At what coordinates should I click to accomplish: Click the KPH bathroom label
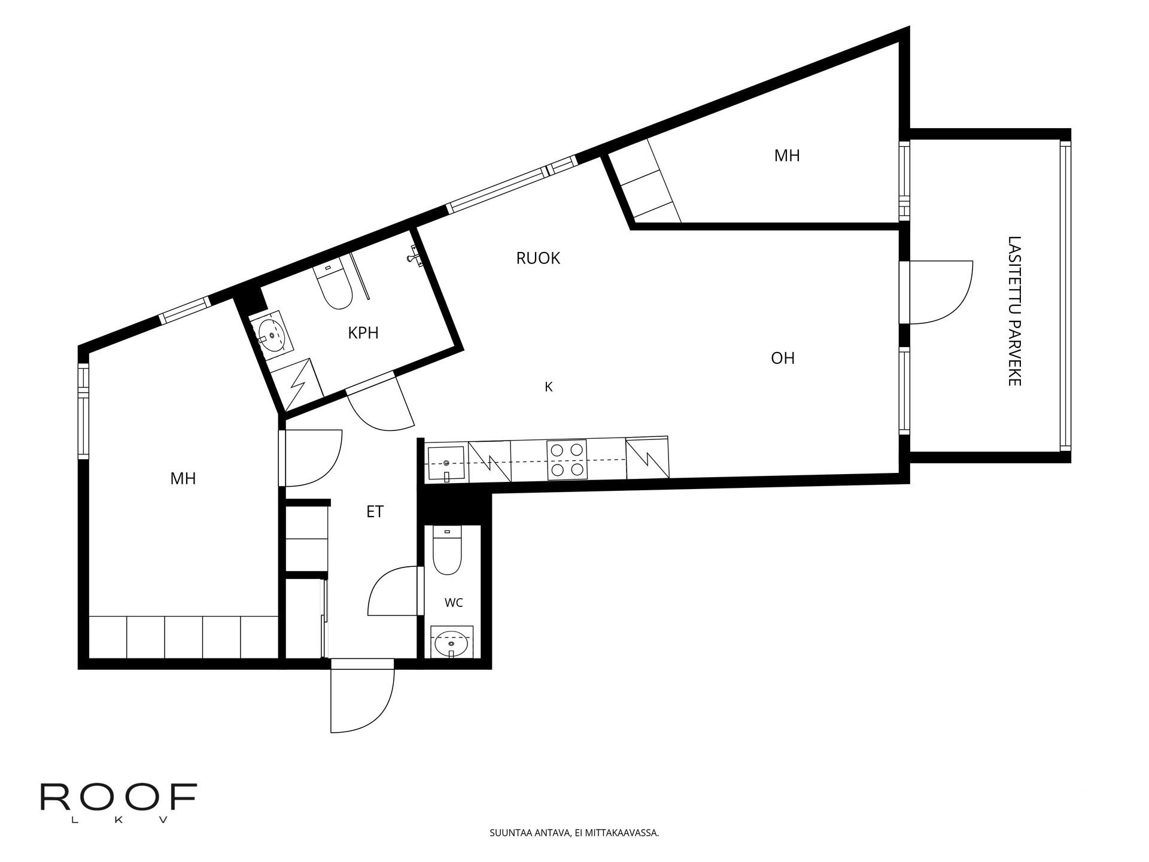(x=363, y=333)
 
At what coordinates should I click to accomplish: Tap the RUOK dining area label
(x=538, y=258)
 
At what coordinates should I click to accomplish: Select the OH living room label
(x=783, y=358)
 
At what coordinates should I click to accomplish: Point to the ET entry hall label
(x=375, y=512)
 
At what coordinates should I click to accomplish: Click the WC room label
(x=454, y=603)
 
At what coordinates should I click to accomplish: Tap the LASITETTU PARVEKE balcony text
(x=1014, y=311)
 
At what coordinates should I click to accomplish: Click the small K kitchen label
(x=548, y=387)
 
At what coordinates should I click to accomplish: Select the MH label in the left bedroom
(x=183, y=478)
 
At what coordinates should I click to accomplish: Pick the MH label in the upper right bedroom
(x=787, y=156)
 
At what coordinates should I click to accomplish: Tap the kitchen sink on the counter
(x=445, y=463)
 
